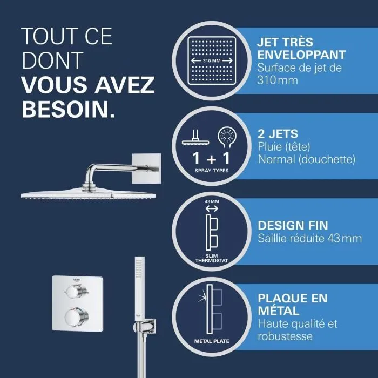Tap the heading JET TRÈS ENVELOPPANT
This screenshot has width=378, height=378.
coord(301,49)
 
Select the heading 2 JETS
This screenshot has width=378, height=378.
coord(278,133)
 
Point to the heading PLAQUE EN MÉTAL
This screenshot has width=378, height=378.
coord(293,305)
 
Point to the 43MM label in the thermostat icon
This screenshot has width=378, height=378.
coord(212,201)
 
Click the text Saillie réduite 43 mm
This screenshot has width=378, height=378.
coord(309,238)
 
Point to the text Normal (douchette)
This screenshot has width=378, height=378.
coord(306,159)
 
